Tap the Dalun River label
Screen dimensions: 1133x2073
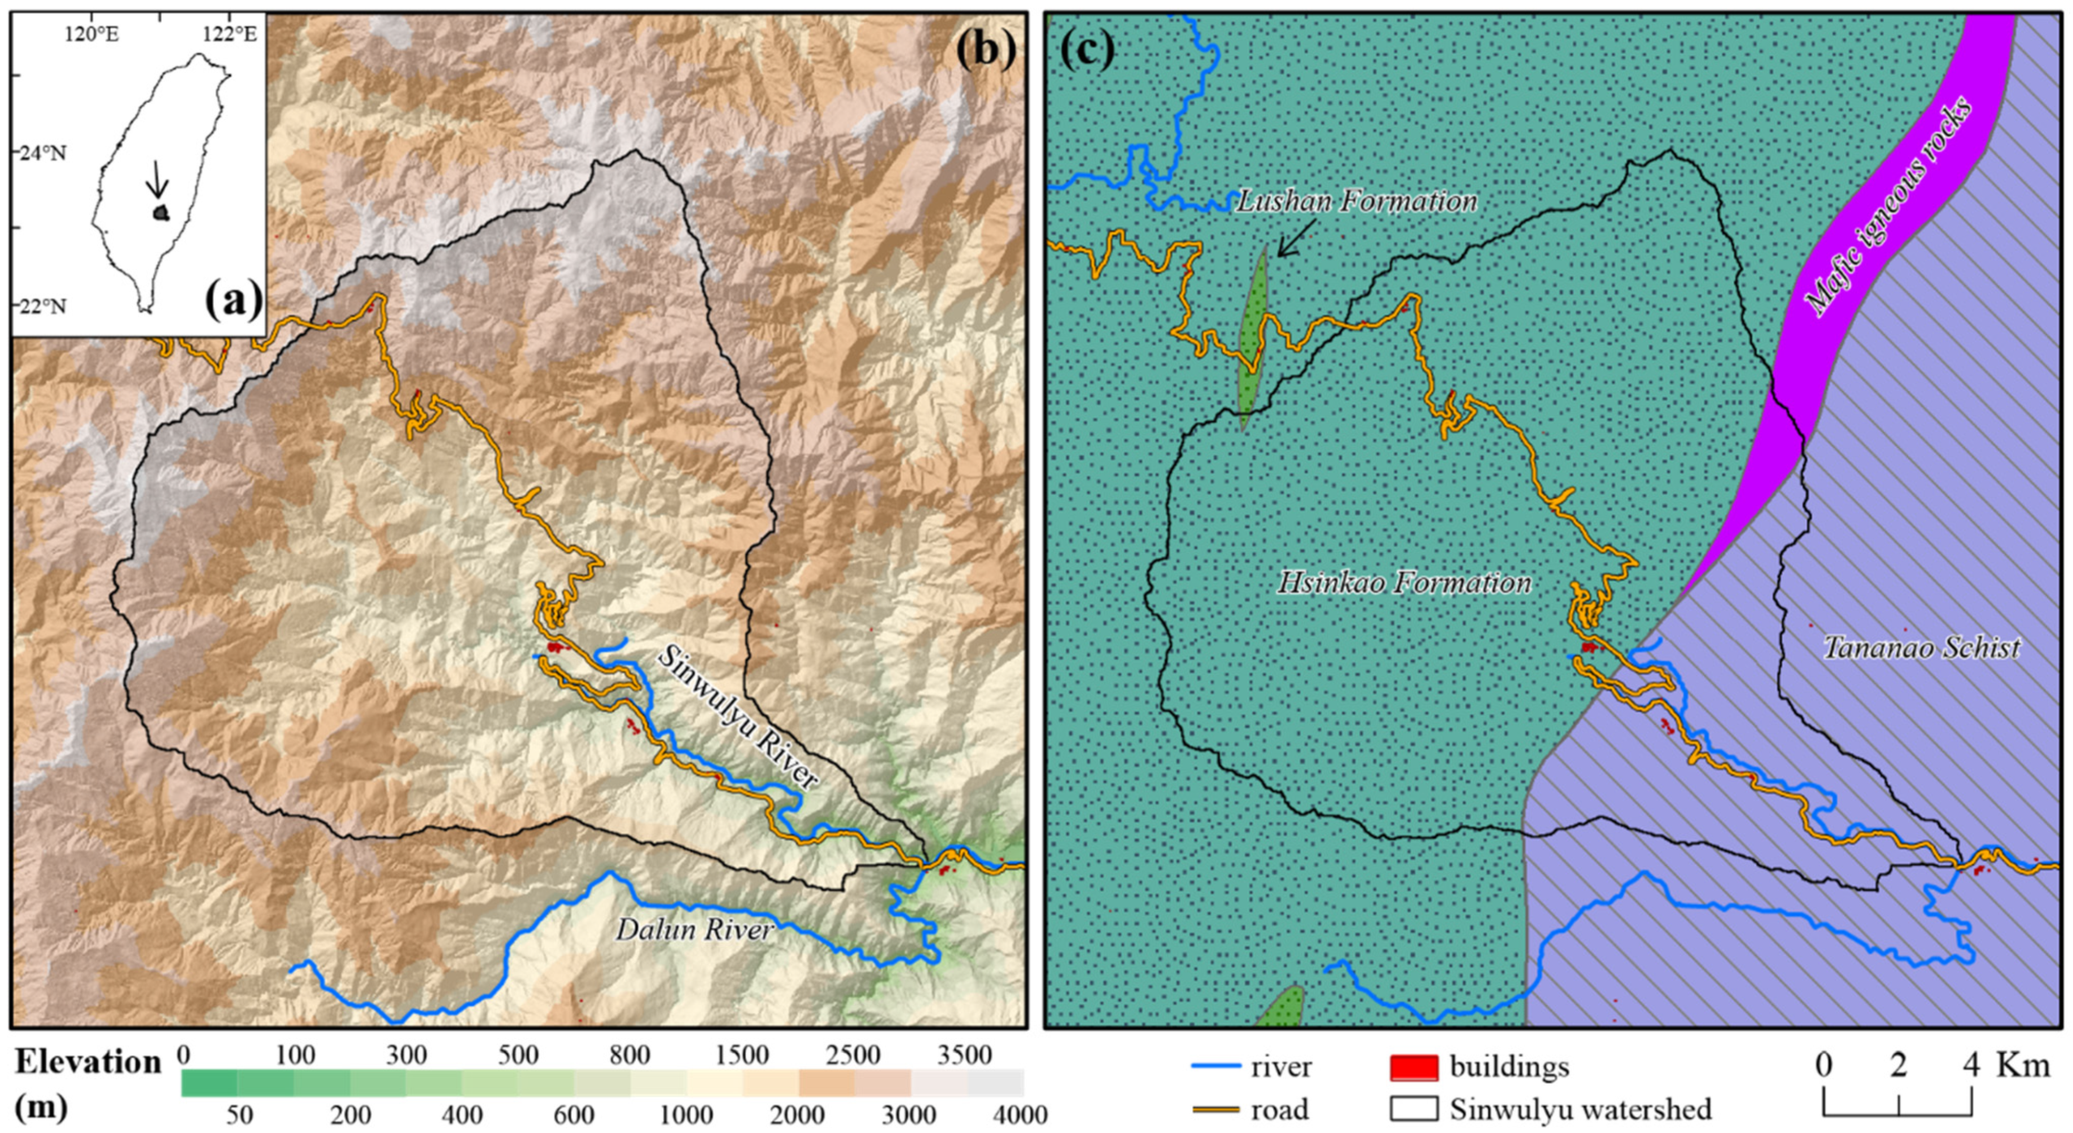694,930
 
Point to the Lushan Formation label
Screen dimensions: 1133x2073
1356,201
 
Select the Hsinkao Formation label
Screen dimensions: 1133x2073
1404,583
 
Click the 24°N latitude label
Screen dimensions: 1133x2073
43,153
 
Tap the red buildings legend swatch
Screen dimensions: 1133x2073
1414,1067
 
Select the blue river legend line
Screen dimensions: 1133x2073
1215,1067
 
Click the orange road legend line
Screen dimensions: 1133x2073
1215,1110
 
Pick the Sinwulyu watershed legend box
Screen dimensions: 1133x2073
1414,1110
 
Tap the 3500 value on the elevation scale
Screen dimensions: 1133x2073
966,1055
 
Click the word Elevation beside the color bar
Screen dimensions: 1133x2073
88,1063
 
